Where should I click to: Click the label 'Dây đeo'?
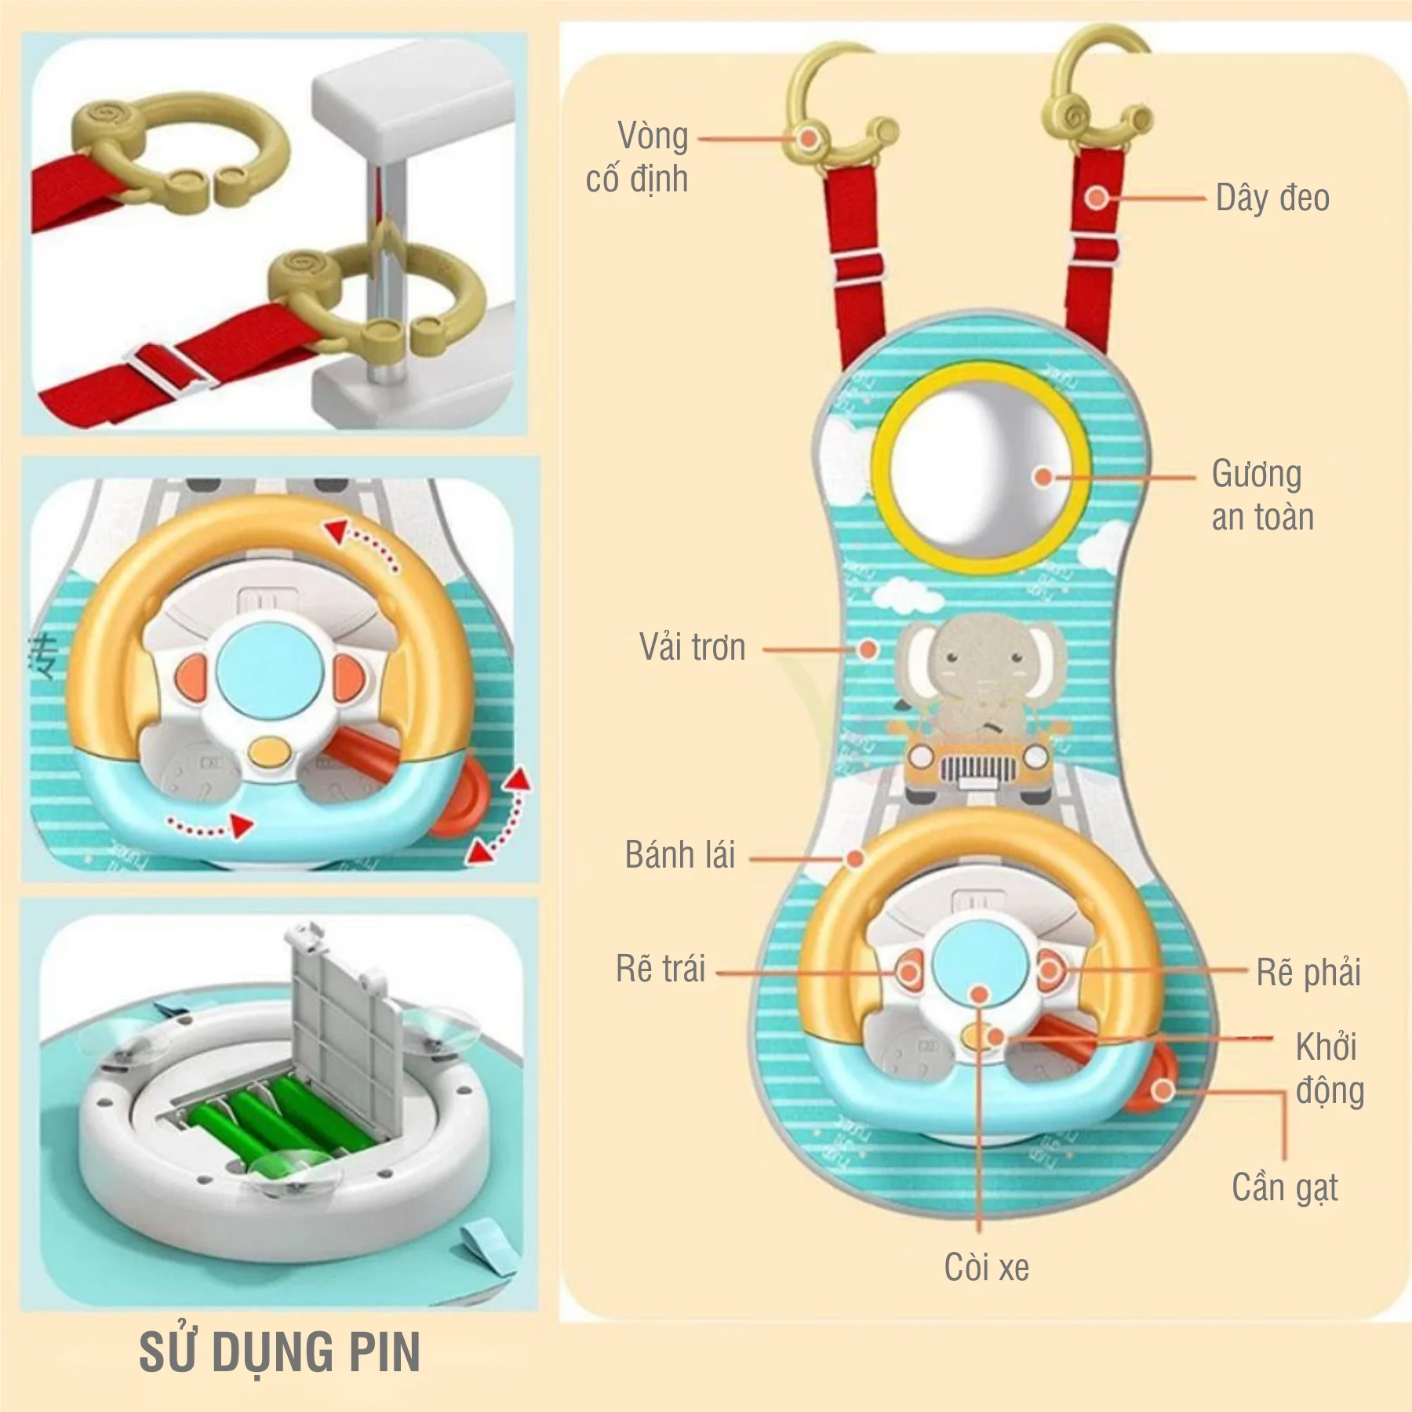[1272, 198]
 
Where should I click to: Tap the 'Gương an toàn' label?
[1261, 495]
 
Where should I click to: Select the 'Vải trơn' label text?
[692, 648]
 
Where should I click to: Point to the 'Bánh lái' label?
[679, 855]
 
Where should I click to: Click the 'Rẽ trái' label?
[660, 969]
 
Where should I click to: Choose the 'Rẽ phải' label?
[1308, 973]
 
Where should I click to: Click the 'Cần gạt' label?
[1284, 1188]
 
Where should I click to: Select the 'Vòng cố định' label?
[637, 157]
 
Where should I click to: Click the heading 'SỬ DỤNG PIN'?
[279, 1352]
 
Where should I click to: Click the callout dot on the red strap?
[1097, 198]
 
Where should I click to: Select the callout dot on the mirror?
[1043, 477]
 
